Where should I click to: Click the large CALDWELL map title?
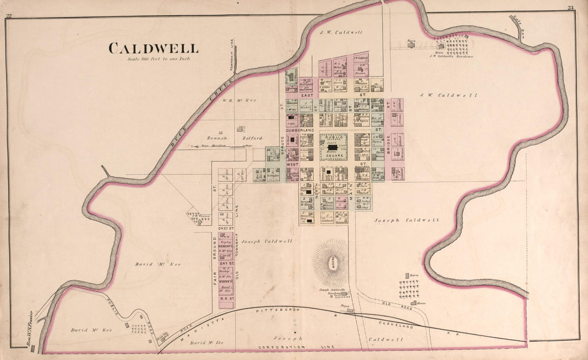click(x=153, y=48)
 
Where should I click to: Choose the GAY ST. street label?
click(x=226, y=263)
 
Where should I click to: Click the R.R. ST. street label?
click(x=226, y=300)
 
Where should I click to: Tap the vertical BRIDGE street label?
click(x=388, y=141)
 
